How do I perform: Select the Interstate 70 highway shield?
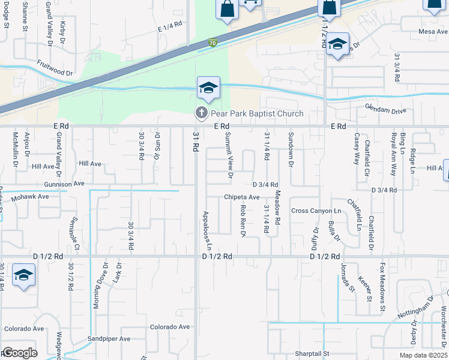[213, 43]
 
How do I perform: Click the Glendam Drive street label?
[385, 111]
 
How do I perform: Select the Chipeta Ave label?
[241, 197]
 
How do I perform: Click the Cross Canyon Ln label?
[316, 211]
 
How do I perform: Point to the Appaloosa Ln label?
[207, 230]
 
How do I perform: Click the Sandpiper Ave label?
[109, 339]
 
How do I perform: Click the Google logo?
[19, 353]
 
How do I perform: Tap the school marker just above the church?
[208, 89]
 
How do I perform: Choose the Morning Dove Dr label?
[96, 286]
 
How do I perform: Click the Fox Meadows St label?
[382, 287]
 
